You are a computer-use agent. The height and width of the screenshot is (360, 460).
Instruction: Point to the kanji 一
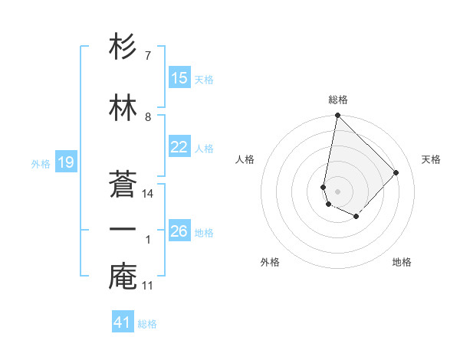click(x=123, y=230)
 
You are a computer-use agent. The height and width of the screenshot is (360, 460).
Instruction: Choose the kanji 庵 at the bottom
click(x=123, y=277)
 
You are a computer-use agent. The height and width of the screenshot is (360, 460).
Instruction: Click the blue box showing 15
click(x=179, y=78)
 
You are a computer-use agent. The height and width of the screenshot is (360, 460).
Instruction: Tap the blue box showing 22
click(x=179, y=147)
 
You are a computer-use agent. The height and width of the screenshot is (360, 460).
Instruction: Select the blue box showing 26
click(x=179, y=231)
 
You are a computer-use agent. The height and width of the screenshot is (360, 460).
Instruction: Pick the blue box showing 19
click(x=65, y=162)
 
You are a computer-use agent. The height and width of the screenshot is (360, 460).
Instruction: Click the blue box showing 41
click(x=123, y=322)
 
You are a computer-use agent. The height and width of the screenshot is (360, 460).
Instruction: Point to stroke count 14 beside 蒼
click(x=148, y=194)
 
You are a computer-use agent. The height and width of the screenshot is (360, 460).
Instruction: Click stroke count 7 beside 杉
click(x=148, y=56)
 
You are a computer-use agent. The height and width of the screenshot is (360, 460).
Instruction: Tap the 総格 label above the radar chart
click(x=337, y=100)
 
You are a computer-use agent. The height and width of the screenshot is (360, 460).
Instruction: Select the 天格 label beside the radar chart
click(x=431, y=159)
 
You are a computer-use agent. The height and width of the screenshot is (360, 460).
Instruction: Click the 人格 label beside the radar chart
click(x=245, y=159)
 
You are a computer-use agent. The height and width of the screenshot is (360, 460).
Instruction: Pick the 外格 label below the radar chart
click(x=270, y=262)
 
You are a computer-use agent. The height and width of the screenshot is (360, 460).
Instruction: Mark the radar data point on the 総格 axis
click(x=337, y=116)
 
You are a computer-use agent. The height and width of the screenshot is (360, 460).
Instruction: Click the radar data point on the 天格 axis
click(x=396, y=172)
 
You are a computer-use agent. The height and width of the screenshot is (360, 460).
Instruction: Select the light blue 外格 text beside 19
click(x=40, y=163)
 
